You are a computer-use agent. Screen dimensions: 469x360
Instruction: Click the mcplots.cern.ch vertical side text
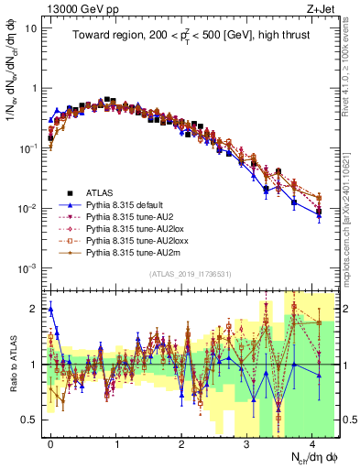(x=353, y=220)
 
